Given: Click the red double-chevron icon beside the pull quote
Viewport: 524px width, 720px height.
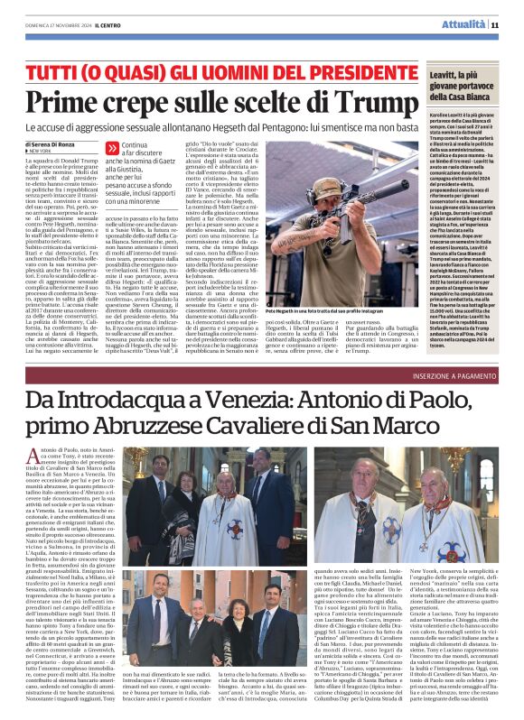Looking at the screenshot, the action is point(111,147).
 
